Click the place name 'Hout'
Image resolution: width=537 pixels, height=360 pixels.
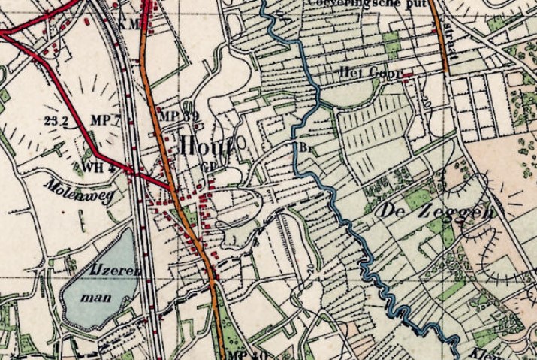click(207, 146)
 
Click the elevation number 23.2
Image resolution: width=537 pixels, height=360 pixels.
click(56, 121)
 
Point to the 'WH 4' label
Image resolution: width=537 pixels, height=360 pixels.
click(98, 168)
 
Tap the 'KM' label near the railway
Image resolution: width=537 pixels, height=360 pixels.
click(129, 24)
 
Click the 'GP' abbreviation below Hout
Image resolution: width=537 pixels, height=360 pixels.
click(209, 166)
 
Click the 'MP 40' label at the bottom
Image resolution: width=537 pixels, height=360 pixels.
click(247, 355)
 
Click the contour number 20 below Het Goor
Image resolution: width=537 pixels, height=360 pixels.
click(425, 102)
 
